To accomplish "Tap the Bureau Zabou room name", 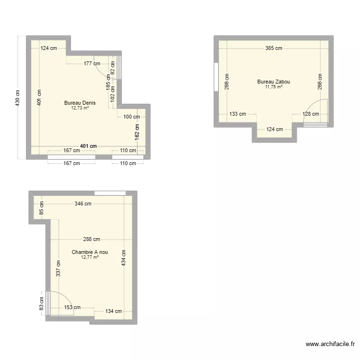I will pos(273,82).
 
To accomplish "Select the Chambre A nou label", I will pos(90,252).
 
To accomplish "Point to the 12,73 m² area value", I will pos(80,108).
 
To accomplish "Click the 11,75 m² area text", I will pos(273,87).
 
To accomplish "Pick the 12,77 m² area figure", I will pos(90,257).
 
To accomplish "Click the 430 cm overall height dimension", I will pos(18,98).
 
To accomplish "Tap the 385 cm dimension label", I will pos(274,48).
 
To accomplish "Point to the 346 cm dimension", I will pos(83,204).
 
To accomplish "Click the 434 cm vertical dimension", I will pos(124,259).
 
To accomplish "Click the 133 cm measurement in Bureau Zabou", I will pos(237,114).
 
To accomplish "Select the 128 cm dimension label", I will pos(310,114).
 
